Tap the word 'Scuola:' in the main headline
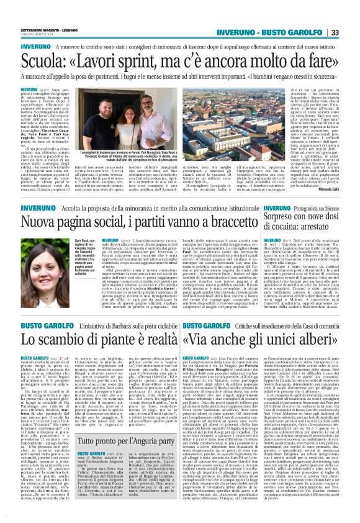pyautogui.click(x=45, y=60)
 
